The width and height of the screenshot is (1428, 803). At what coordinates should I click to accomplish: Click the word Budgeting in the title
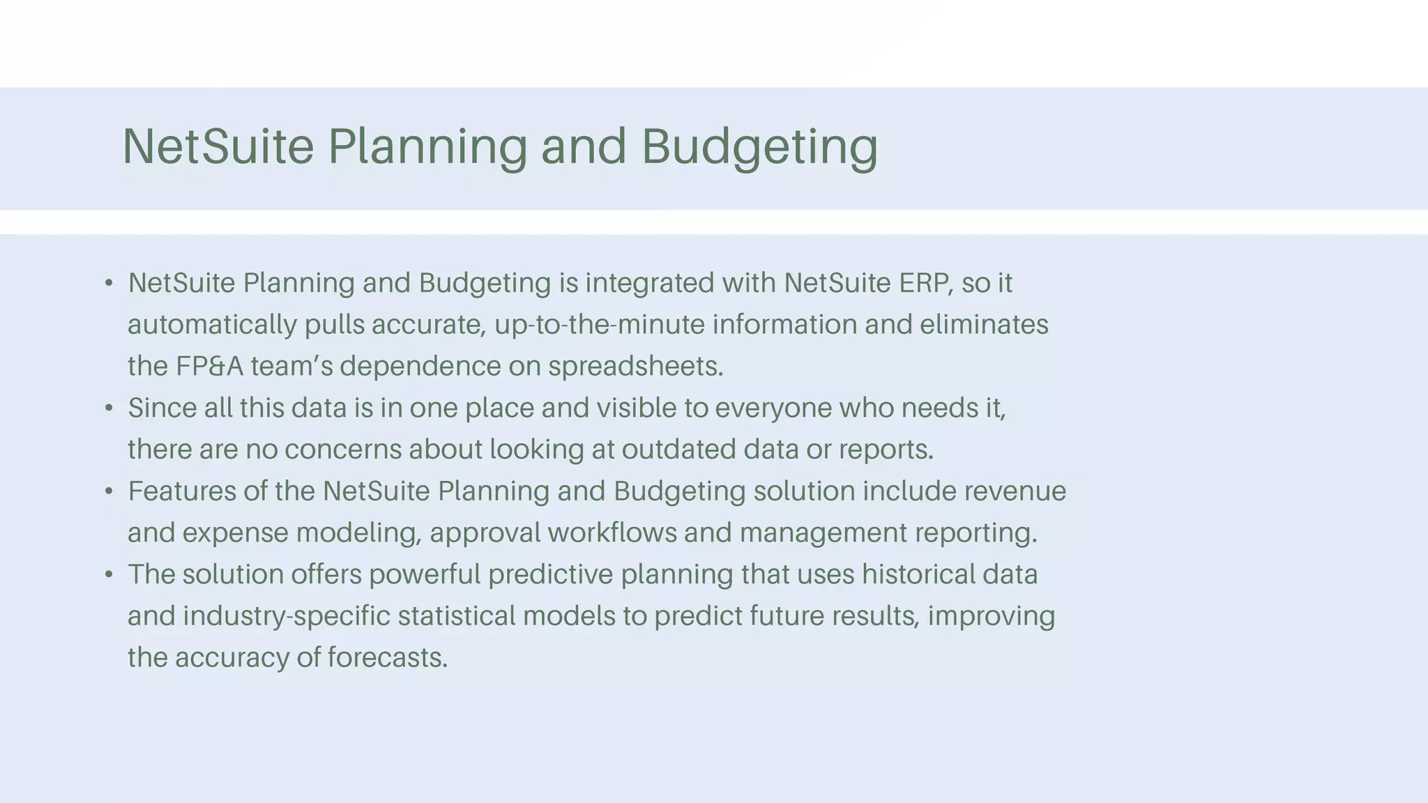[x=759, y=146]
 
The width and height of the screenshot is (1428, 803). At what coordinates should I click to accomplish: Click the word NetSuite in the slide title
[x=218, y=146]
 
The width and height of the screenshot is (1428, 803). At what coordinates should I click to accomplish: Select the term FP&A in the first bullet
[x=209, y=367]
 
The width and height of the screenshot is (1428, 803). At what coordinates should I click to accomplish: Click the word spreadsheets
[x=635, y=367]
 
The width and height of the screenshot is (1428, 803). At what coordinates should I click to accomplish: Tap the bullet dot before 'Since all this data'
[x=109, y=408]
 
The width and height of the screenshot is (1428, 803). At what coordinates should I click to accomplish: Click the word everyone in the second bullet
[x=773, y=408]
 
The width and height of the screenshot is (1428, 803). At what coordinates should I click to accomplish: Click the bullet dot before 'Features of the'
[x=109, y=491]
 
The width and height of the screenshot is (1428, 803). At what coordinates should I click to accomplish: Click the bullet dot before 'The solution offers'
[x=109, y=575]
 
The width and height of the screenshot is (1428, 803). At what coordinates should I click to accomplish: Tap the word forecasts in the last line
[x=387, y=658]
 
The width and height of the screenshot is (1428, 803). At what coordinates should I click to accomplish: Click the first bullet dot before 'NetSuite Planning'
[x=109, y=284]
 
